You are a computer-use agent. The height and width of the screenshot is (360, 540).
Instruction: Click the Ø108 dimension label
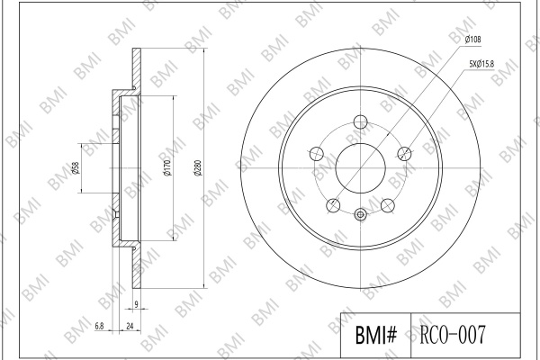click(x=472, y=40)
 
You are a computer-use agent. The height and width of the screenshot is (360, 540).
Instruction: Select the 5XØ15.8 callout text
click(x=481, y=64)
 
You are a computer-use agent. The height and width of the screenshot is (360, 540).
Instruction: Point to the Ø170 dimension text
click(x=167, y=168)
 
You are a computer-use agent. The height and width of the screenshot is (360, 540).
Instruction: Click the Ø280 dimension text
click(x=198, y=168)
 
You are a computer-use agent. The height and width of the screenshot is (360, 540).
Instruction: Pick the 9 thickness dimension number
click(x=137, y=304)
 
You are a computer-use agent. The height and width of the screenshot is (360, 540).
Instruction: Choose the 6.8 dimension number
click(x=99, y=326)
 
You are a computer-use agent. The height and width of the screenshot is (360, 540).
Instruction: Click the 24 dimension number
click(x=130, y=326)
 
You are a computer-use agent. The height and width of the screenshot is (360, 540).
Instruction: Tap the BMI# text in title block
click(x=376, y=335)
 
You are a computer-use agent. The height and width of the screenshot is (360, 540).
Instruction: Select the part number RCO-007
click(x=453, y=334)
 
